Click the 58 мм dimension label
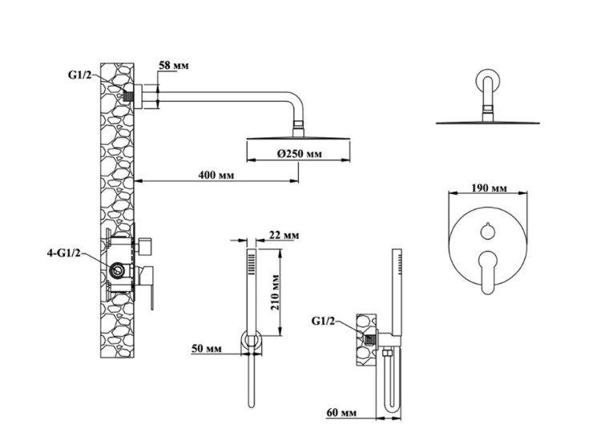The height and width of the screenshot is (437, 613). pos(173,65)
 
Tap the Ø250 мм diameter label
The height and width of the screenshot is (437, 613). pos(300,153)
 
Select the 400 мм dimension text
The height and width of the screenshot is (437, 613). pos(216,175)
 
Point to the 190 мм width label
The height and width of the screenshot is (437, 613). pos(489,188)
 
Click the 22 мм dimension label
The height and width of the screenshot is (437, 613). pos(284,235)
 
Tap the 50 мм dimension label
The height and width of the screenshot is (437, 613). pos(207,348)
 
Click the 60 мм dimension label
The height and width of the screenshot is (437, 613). pos(341,413)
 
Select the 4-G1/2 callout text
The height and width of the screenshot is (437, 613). pos(64,253)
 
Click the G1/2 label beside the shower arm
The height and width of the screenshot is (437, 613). pos(79,75)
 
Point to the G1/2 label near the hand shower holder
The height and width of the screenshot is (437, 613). pos(323,321)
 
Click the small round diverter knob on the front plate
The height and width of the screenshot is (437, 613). pos(487,232)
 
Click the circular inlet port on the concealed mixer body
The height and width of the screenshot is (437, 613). pos(116,270)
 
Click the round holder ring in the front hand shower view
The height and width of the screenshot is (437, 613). pos(252,340)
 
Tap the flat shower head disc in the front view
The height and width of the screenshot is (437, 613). pos(487,123)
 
